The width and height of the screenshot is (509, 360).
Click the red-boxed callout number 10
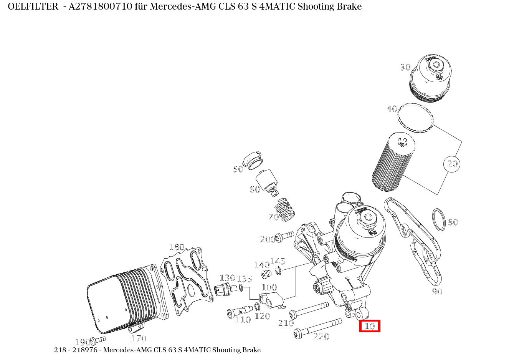[370, 326]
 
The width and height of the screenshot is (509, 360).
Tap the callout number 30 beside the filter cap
[405, 68]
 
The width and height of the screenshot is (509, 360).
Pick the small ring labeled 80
[439, 219]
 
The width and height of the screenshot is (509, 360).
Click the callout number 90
[437, 292]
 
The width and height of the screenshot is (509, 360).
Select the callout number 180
[177, 247]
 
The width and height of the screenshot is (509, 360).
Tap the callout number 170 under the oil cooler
[139, 338]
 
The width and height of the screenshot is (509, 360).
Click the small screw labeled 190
[98, 340]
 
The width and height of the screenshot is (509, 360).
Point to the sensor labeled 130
[223, 290]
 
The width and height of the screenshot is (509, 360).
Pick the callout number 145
[278, 262]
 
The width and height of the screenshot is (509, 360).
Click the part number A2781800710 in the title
[101, 7]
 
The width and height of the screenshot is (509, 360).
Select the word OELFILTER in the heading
[33, 7]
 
